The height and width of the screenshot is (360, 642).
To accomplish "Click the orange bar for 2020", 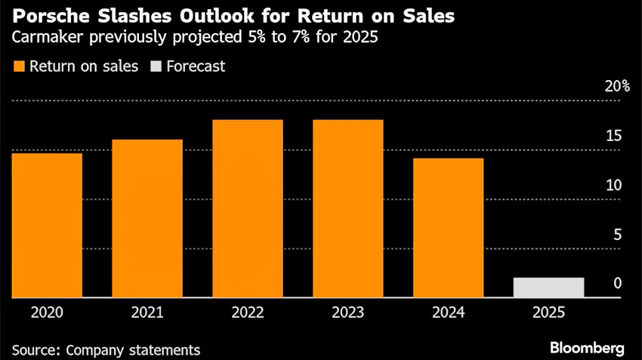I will pyautogui.click(x=47, y=226).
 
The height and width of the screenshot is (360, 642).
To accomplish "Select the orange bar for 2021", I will pyautogui.click(x=147, y=219).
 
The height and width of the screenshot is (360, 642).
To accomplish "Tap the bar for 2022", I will pyautogui.click(x=248, y=209).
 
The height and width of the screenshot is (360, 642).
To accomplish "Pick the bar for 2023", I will pyautogui.click(x=348, y=209).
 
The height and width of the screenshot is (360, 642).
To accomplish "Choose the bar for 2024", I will pyautogui.click(x=449, y=228).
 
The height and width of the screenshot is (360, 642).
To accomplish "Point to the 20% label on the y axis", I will pyautogui.click(x=617, y=86).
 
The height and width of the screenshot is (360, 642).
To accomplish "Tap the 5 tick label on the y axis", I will pyautogui.click(x=617, y=235).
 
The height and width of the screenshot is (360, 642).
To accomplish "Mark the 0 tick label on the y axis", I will pyautogui.click(x=617, y=285).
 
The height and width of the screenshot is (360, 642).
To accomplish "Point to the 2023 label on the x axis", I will pyautogui.click(x=348, y=312).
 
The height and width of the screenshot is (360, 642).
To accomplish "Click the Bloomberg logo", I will pyautogui.click(x=587, y=348).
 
